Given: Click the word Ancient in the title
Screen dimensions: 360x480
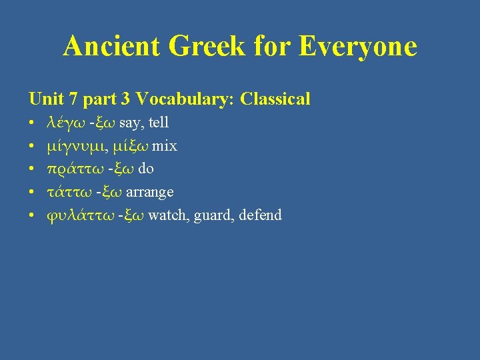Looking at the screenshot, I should (x=112, y=47).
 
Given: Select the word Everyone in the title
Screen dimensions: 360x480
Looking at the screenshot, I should (x=358, y=47).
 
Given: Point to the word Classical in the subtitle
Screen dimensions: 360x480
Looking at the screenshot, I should (x=275, y=99).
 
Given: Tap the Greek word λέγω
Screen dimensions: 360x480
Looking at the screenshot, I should (x=66, y=123).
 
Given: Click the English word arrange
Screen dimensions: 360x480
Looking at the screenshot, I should (x=150, y=192).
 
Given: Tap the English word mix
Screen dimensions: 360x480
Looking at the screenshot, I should (x=165, y=146).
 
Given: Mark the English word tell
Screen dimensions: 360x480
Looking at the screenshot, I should (x=159, y=123).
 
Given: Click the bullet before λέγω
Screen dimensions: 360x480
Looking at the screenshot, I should (x=32, y=123).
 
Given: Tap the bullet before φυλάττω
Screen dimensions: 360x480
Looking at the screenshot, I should (x=32, y=215).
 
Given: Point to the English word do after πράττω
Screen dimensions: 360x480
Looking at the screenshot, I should (x=145, y=169).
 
